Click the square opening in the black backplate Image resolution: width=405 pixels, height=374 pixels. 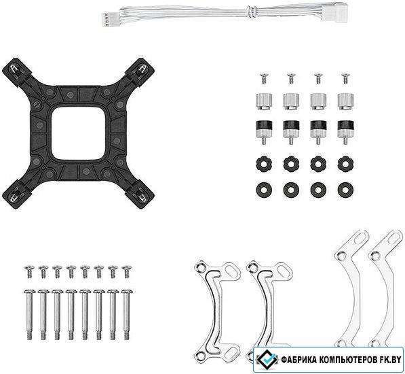tap(78, 133)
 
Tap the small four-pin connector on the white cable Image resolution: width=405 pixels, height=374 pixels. tap(105, 20)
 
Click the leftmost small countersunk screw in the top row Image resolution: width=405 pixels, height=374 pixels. tap(263, 78)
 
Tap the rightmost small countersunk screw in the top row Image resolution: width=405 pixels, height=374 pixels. tap(345, 78)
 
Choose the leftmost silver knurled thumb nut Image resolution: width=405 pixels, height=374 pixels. tap(264, 101)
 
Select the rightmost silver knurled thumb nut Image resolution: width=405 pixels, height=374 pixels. tap(345, 101)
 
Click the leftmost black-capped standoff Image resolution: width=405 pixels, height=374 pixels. tap(264, 132)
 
